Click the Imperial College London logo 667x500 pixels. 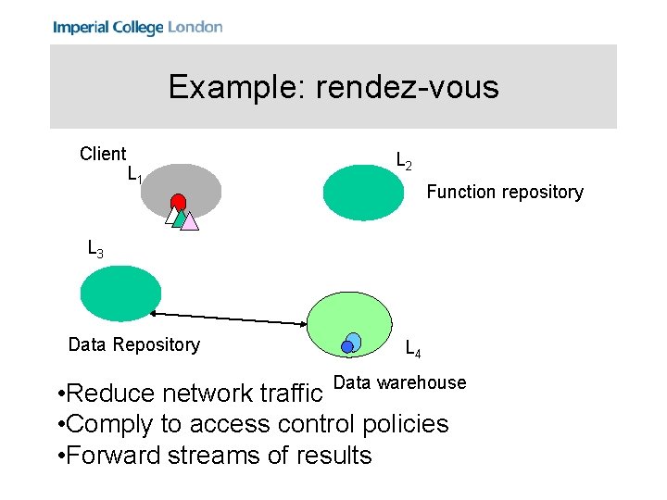tap(137, 27)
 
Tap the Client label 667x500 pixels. tap(103, 154)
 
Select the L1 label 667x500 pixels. tap(134, 174)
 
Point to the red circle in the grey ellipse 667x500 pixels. tap(178, 202)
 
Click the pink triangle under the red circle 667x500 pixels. tap(190, 221)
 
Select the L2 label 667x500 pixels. tap(404, 161)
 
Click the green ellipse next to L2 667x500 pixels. tap(364, 193)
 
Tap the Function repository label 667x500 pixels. tap(504, 192)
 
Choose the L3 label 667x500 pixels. tap(94, 248)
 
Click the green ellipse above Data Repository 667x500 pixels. tap(120, 293)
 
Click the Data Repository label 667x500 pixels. tap(133, 344)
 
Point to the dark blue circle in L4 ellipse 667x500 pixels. tap(347, 347)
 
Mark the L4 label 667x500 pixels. tap(413, 350)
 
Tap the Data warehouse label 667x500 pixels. tap(399, 382)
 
